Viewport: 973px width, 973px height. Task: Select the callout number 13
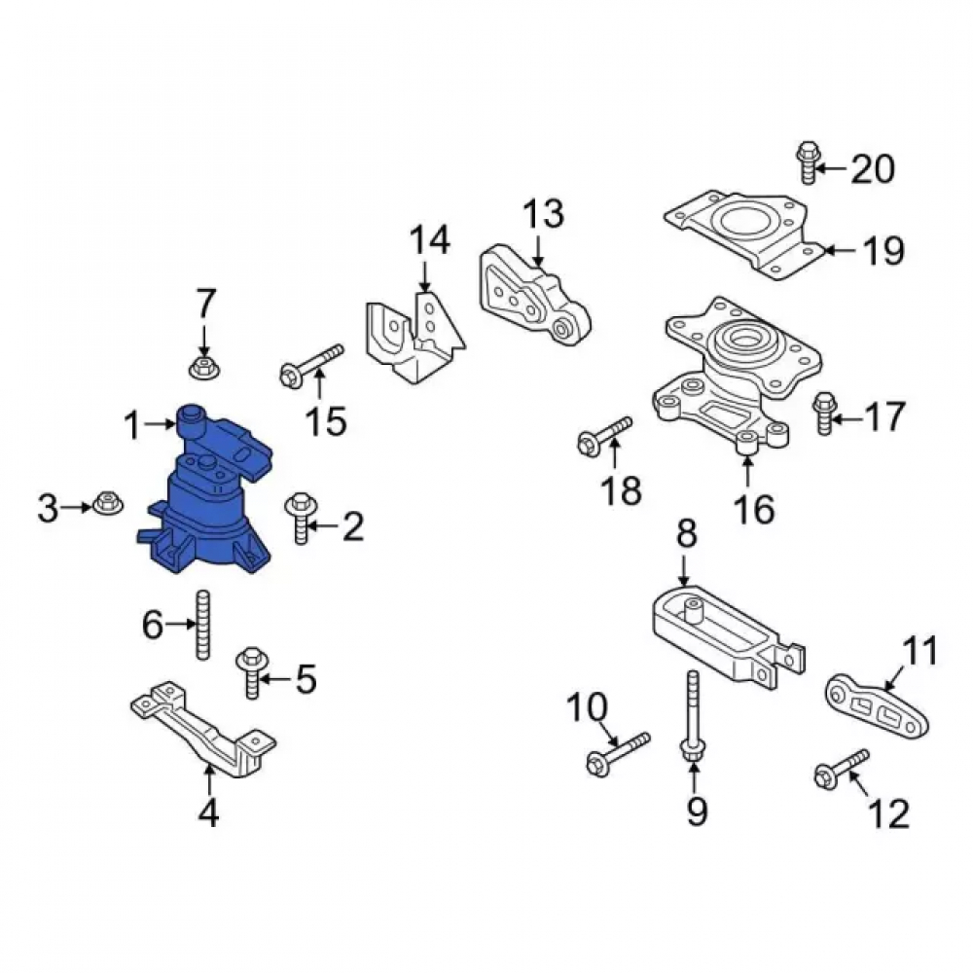tap(544, 213)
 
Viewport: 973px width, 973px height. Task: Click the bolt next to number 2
tap(301, 519)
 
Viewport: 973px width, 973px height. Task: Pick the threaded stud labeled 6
tap(202, 625)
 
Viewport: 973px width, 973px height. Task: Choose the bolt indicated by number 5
tap(252, 672)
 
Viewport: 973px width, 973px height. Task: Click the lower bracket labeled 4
tap(204, 729)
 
